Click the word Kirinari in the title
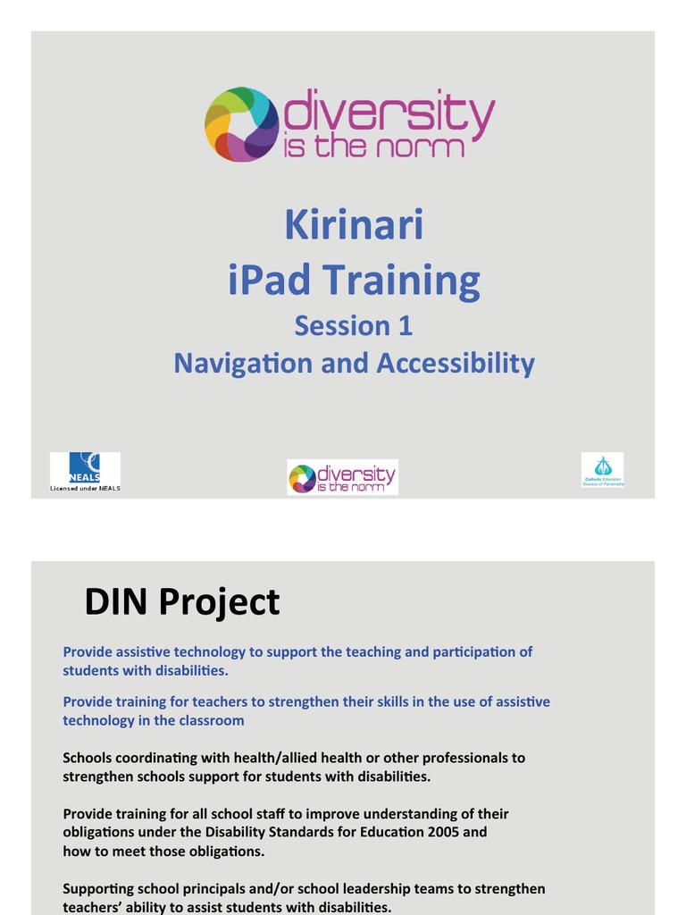(354, 225)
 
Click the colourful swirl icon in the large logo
(242, 124)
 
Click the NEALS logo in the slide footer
(85, 467)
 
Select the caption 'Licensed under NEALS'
(85, 488)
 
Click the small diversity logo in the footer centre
(343, 477)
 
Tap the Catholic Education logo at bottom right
(603, 469)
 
